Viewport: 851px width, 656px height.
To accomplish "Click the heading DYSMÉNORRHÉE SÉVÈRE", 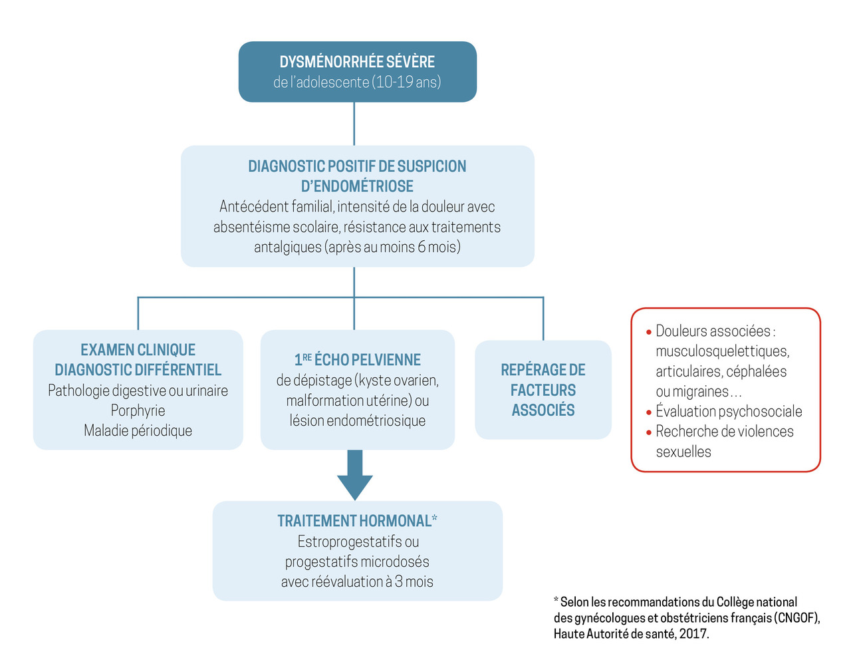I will click(x=357, y=62).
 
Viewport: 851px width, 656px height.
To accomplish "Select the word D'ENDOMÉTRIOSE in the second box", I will click(x=357, y=186).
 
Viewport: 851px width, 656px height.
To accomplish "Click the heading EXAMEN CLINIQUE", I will click(x=138, y=350).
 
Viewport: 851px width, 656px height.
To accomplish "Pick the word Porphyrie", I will click(x=138, y=410).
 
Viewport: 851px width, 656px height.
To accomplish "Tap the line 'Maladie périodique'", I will click(x=138, y=430).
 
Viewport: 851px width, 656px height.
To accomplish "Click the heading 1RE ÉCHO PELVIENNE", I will click(x=358, y=360).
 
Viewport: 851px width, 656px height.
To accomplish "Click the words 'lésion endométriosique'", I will click(x=358, y=420).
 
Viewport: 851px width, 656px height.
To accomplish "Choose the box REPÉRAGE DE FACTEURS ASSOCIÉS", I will click(x=543, y=390).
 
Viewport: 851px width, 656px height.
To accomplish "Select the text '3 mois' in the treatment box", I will click(x=414, y=581).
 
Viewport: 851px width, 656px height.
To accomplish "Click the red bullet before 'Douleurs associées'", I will click(x=649, y=332).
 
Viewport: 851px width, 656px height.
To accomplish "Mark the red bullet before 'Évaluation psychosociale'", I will click(x=649, y=412).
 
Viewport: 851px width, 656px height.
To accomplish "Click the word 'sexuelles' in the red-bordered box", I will click(x=683, y=452).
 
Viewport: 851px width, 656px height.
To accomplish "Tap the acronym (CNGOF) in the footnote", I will click(x=796, y=618).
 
